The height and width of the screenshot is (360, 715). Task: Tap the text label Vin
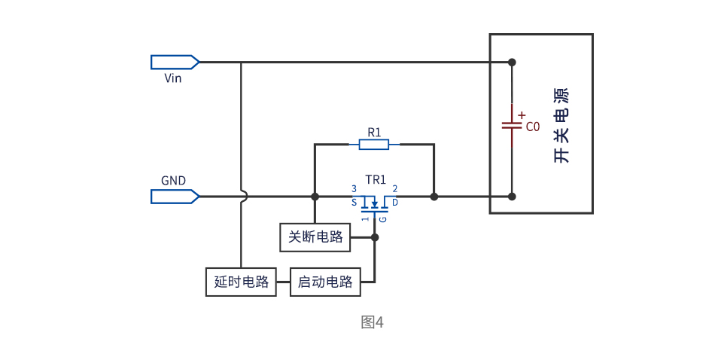click(172, 78)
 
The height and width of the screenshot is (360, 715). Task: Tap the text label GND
click(173, 181)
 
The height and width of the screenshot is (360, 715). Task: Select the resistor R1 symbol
click(374, 144)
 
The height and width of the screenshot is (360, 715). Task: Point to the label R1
click(374, 132)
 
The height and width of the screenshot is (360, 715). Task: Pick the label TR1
click(375, 180)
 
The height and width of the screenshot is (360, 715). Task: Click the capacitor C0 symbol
click(512, 125)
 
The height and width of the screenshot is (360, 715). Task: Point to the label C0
click(533, 127)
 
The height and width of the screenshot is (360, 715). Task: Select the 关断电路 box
click(316, 237)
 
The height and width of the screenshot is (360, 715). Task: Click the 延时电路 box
click(242, 282)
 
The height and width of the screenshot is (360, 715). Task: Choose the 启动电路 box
click(326, 282)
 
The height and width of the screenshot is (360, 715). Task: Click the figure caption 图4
click(373, 322)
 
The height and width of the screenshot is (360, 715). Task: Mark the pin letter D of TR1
click(395, 203)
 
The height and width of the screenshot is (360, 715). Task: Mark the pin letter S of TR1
click(354, 203)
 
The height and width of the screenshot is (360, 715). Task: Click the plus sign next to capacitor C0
click(521, 114)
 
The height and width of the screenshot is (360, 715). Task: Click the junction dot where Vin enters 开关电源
click(512, 62)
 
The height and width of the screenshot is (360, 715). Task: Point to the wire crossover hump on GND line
click(242, 197)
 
